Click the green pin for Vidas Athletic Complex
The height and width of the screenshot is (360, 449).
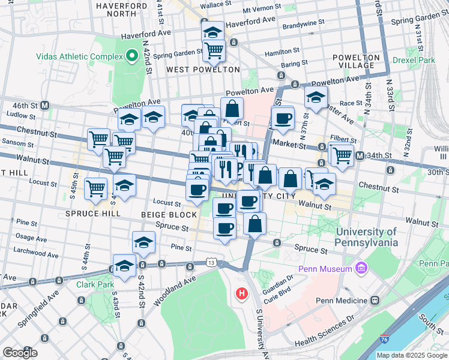tap(133, 57)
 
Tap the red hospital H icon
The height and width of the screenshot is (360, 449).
tap(241, 293)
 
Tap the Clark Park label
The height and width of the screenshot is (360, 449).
tap(91, 284)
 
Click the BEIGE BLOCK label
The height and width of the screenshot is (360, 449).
tap(169, 215)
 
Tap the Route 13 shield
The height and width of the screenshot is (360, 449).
tap(210, 262)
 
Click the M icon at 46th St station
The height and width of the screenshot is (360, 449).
tap(45, 106)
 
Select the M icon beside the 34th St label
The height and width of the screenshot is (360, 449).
tap(360, 156)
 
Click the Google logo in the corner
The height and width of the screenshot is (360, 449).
tap(20, 353)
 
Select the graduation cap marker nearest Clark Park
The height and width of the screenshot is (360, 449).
tap(124, 267)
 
